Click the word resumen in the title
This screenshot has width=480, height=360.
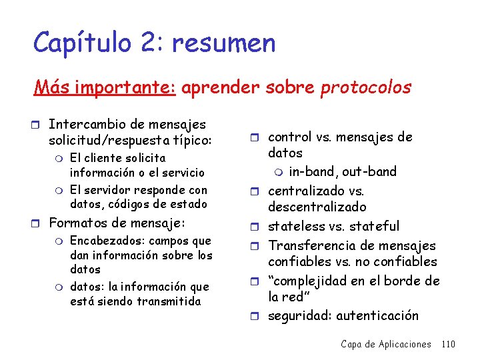point(223,43)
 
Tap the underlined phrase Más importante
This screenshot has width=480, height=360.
point(105,87)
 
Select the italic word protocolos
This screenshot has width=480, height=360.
point(366,87)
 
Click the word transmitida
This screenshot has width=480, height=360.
point(169,301)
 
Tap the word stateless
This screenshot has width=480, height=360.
point(297,226)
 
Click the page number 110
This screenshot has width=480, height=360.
point(448,344)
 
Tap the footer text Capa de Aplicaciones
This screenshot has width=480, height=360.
point(385,344)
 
